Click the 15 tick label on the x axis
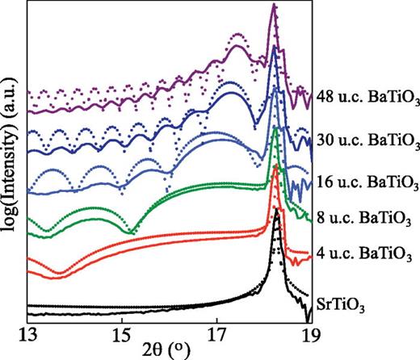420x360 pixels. point(121,333)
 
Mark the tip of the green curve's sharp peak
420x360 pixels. point(276,129)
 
